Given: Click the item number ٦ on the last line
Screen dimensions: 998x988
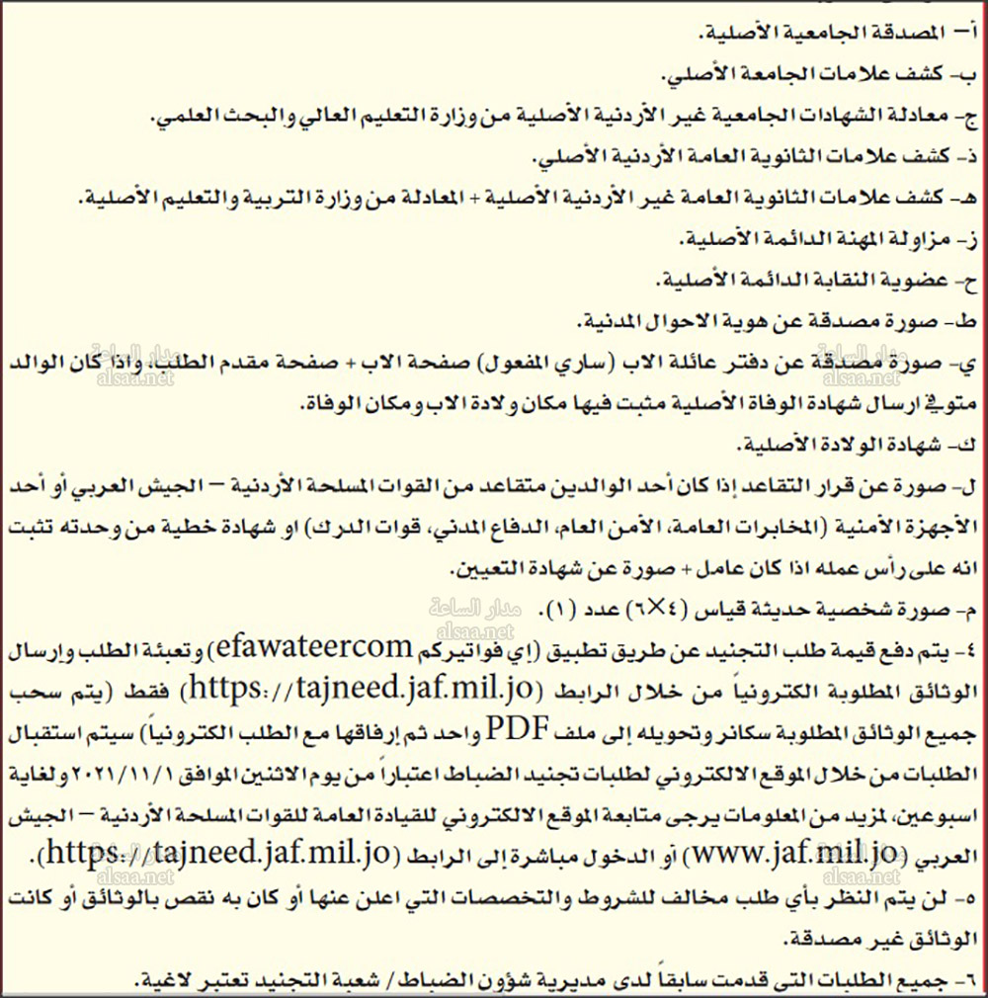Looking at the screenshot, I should pos(968,980).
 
